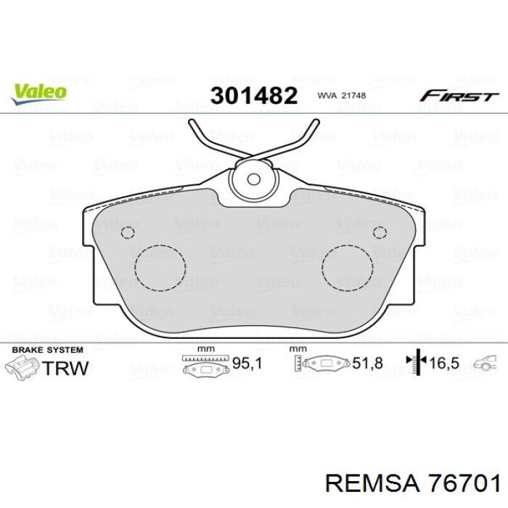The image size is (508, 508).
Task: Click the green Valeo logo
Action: pyautogui.click(x=39, y=94)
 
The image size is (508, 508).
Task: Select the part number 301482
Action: pyautogui.click(x=254, y=96)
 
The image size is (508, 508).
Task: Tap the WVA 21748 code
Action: pyautogui.click(x=342, y=96)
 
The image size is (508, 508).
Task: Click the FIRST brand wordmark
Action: pyautogui.click(x=459, y=96)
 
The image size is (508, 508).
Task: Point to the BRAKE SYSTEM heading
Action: pyautogui.click(x=48, y=350)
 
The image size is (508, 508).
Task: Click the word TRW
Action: pyautogui.click(x=65, y=368)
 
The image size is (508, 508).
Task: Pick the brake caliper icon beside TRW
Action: pyautogui.click(x=22, y=366)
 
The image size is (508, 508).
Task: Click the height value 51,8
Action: pyautogui.click(x=367, y=363)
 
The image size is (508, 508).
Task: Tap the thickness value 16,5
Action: pyautogui.click(x=444, y=363)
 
